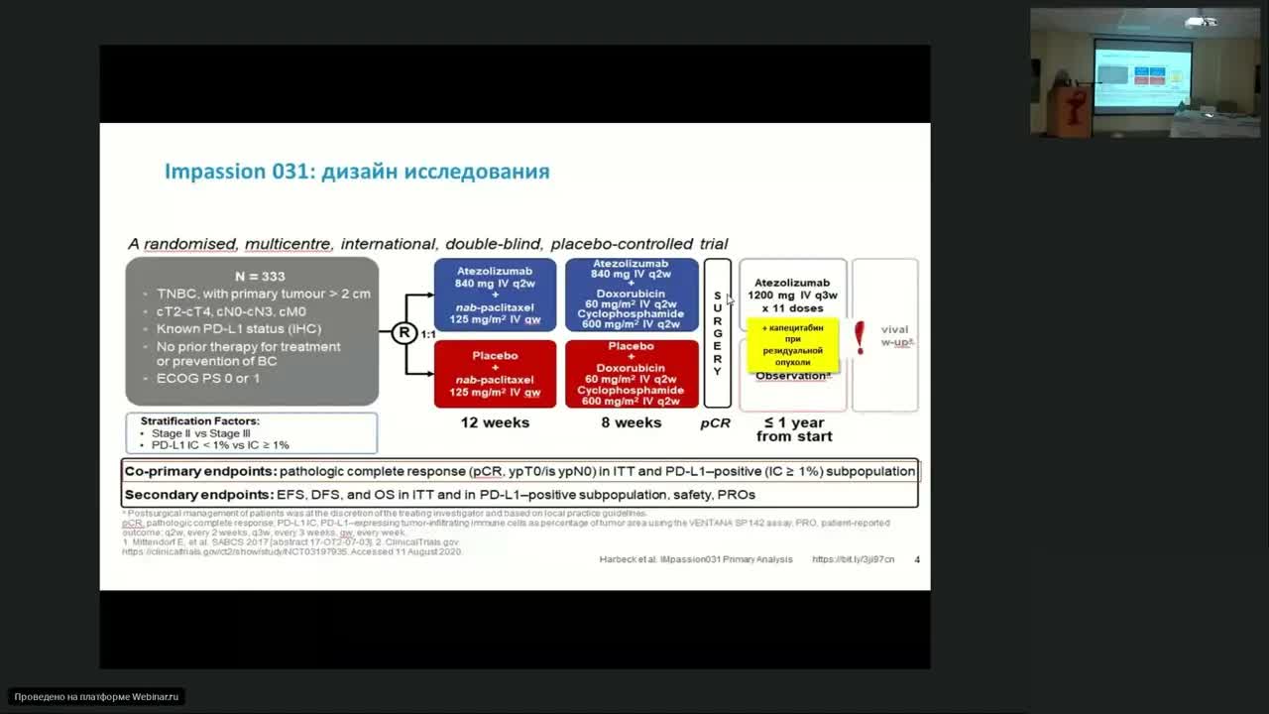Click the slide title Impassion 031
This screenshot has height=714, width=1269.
[356, 172]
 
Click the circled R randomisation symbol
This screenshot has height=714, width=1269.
[404, 333]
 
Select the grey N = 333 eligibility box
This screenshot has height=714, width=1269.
[252, 331]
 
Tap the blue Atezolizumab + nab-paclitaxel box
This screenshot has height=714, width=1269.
[495, 295]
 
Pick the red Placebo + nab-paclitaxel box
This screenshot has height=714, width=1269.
[495, 374]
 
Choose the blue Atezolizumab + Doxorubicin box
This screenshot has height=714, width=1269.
[632, 295]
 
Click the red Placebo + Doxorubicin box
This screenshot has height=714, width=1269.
[632, 374]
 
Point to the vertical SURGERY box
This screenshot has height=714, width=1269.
[717, 333]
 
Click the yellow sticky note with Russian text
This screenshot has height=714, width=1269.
[793, 345]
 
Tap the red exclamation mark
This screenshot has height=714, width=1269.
[860, 337]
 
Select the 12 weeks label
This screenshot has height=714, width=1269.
[495, 422]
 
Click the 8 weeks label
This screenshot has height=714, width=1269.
[632, 422]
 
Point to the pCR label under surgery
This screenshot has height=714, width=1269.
[715, 422]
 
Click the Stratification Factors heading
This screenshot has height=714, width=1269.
[199, 420]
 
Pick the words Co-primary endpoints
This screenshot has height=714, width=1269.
[198, 471]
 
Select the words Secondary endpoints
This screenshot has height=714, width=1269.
[198, 494]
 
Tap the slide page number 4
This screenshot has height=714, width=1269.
[917, 559]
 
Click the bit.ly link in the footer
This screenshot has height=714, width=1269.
[853, 559]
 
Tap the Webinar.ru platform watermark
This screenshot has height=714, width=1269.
[97, 697]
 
